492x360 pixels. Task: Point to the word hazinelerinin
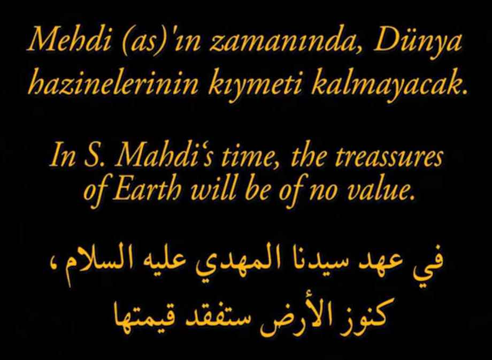(x=113, y=82)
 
